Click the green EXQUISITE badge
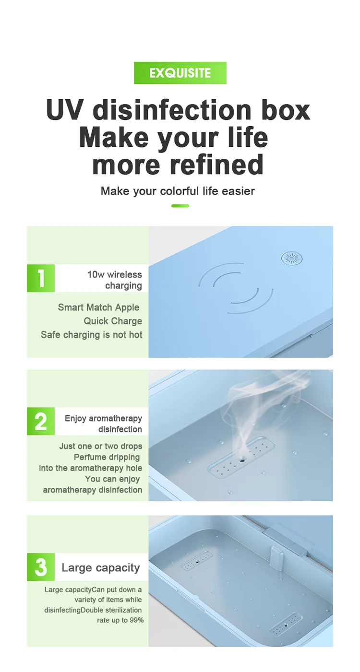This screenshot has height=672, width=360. pyautogui.click(x=180, y=73)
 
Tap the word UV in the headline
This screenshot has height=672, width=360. pyautogui.click(x=64, y=110)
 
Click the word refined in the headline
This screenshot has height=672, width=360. pyautogui.click(x=217, y=165)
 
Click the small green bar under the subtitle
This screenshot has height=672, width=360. pyautogui.click(x=180, y=206)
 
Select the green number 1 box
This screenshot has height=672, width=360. pyautogui.click(x=41, y=278)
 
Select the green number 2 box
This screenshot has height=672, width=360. pyautogui.click(x=41, y=421)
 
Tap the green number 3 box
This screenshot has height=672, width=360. pyautogui.click(x=41, y=567)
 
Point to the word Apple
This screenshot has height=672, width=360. pyautogui.click(x=127, y=307)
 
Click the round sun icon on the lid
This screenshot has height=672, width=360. pyautogui.click(x=292, y=259)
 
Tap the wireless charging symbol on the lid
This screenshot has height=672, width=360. pyautogui.click(x=236, y=288)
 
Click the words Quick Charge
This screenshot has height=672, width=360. pyautogui.click(x=113, y=321)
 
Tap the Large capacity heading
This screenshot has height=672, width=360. pyautogui.click(x=101, y=567)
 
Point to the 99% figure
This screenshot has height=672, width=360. pyautogui.click(x=137, y=620)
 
